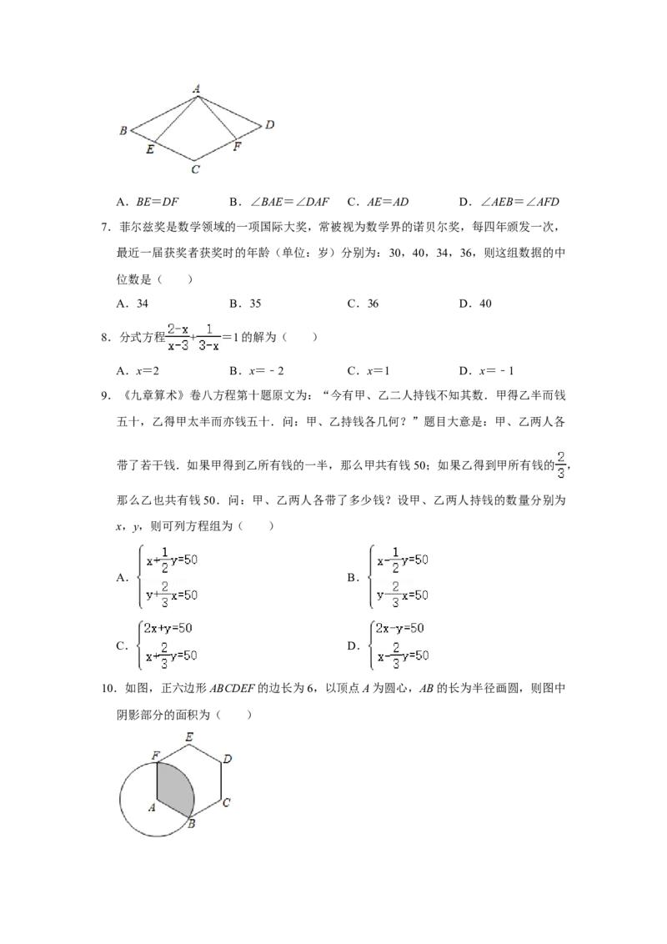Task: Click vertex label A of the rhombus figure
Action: coord(196,88)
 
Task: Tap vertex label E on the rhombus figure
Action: coord(150,149)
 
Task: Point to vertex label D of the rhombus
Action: coord(269,124)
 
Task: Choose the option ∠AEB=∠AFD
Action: coord(519,203)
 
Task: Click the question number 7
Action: coord(105,228)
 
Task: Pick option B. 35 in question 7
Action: coord(245,304)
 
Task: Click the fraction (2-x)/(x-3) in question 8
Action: coord(178,337)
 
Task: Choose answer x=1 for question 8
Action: coord(379,371)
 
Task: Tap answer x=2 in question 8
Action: coord(148,371)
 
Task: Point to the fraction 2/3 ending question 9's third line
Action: coord(561,464)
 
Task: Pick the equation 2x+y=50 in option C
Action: coord(168,629)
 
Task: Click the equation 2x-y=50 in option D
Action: coord(399,629)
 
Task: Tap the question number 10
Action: coord(108,689)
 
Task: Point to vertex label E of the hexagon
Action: coord(189,737)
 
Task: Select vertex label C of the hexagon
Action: coord(226,802)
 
